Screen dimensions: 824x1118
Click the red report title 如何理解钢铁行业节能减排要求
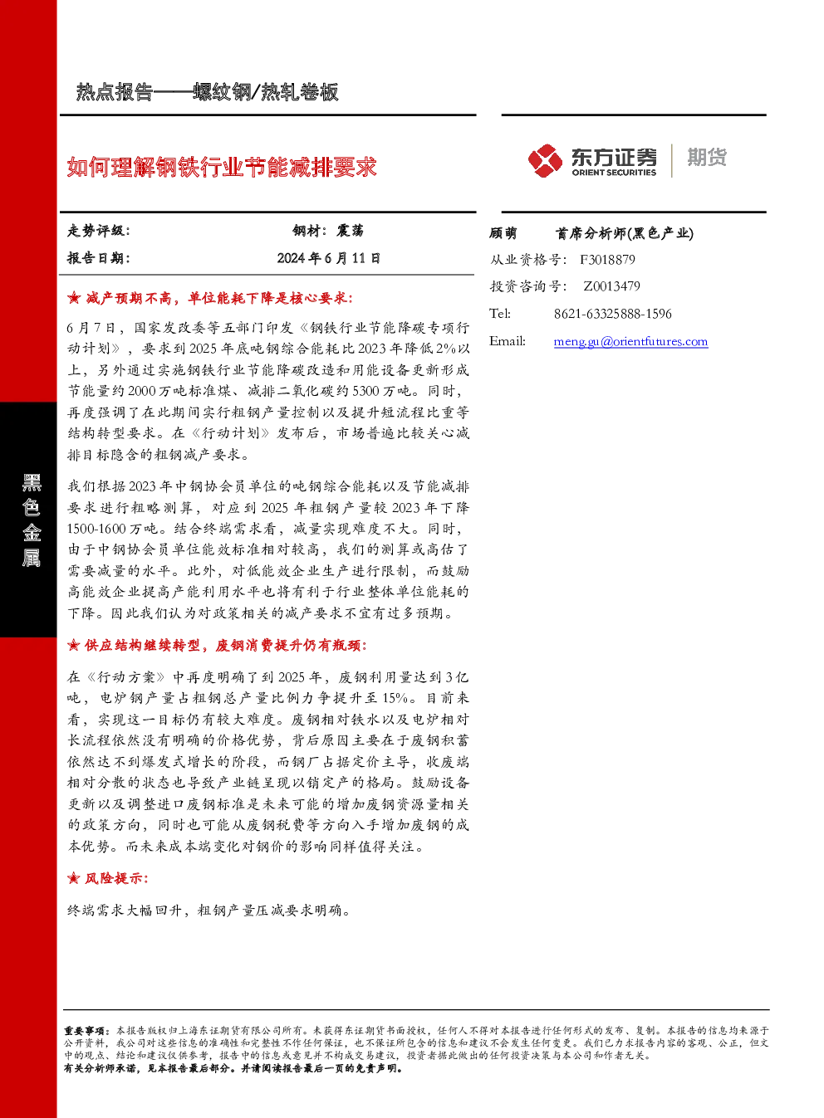coord(222,167)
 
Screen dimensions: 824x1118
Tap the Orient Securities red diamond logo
coord(545,160)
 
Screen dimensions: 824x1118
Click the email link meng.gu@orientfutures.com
coord(630,341)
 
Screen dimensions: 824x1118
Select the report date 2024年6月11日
coord(329,258)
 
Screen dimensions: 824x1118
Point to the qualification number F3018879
coord(607,260)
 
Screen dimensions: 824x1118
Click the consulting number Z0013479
coord(611,286)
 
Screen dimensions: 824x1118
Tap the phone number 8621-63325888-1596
coord(613,314)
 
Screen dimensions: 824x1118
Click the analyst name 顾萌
coord(503,233)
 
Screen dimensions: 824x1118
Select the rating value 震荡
coord(350,231)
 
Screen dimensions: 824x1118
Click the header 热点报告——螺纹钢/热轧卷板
coord(208,92)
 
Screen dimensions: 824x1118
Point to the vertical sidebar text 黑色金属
coord(31,520)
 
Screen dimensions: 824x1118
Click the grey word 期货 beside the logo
coord(707,157)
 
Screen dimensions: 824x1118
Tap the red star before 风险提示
coord(73,878)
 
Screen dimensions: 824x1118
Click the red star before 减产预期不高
coord(73,299)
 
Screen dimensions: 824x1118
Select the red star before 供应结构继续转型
coord(73,646)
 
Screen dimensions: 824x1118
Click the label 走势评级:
coord(99,231)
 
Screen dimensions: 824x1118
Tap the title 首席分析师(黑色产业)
coord(625,233)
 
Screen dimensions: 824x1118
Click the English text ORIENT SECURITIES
coord(614,172)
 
